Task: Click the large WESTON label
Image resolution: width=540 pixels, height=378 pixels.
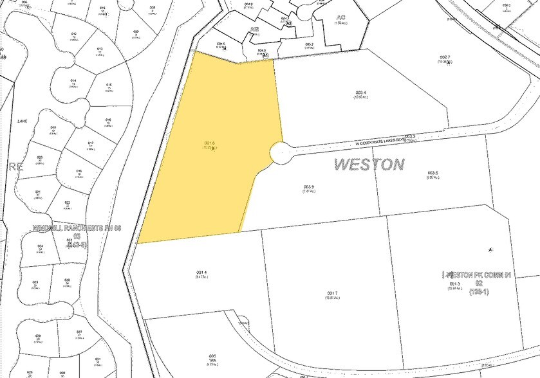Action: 369,164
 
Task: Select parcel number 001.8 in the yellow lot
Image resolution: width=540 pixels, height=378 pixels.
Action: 210,143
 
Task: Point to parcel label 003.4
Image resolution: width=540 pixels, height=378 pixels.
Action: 360,93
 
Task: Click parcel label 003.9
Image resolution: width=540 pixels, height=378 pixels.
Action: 309,187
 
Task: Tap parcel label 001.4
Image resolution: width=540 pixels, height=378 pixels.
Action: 201,272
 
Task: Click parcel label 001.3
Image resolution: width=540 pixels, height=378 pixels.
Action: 454,283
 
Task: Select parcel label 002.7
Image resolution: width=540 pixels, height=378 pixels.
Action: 445,57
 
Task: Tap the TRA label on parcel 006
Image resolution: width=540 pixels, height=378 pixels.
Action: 212,360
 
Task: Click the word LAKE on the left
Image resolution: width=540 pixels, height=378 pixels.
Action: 23,120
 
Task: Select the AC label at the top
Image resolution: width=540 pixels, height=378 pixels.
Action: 341,17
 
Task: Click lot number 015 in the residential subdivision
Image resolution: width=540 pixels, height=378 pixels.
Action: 109,85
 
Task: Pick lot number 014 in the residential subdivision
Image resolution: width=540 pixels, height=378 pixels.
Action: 73,80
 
